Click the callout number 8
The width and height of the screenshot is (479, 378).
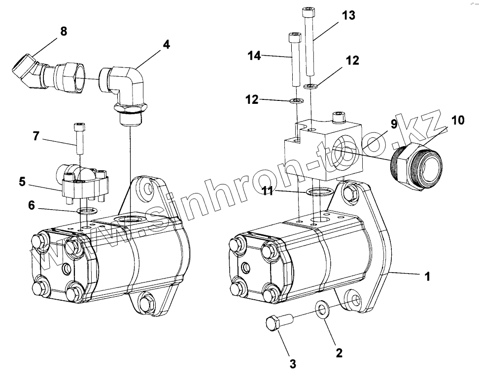(x=63, y=31)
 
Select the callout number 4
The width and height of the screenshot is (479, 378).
(x=166, y=44)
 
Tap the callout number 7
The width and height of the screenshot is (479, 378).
(x=36, y=135)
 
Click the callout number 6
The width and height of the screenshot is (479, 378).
(x=32, y=206)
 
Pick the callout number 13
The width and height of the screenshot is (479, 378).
(x=348, y=15)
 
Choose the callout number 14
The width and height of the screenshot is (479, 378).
(x=254, y=57)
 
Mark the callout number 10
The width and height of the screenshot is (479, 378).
(x=457, y=120)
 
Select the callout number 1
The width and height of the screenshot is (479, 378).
(x=427, y=277)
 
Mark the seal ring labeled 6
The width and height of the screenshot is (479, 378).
(x=87, y=212)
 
